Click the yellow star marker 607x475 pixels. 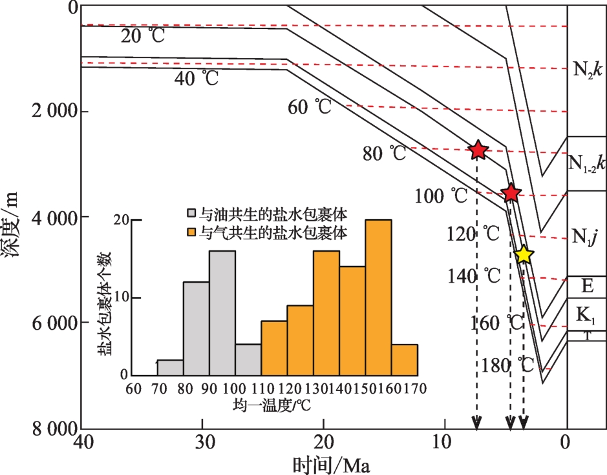point(524,255)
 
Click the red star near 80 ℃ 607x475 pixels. point(478,150)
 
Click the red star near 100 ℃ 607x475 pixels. point(511,192)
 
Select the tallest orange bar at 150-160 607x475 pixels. point(378,298)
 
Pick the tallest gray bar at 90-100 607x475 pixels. point(222,313)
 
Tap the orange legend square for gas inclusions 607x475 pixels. point(192,232)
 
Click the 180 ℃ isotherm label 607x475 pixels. point(508,365)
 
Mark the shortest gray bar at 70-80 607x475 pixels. point(170,368)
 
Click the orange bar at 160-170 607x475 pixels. point(404,360)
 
